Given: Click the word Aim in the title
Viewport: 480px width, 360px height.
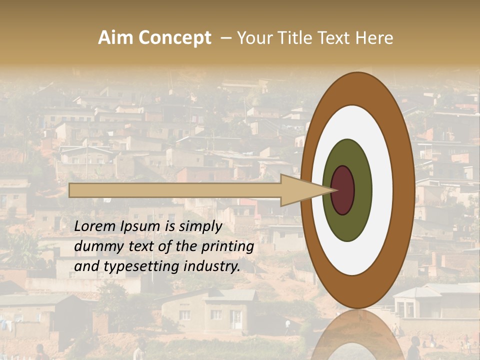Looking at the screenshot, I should pos(115,38).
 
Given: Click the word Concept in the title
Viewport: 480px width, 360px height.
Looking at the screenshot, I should pos(175,38).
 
